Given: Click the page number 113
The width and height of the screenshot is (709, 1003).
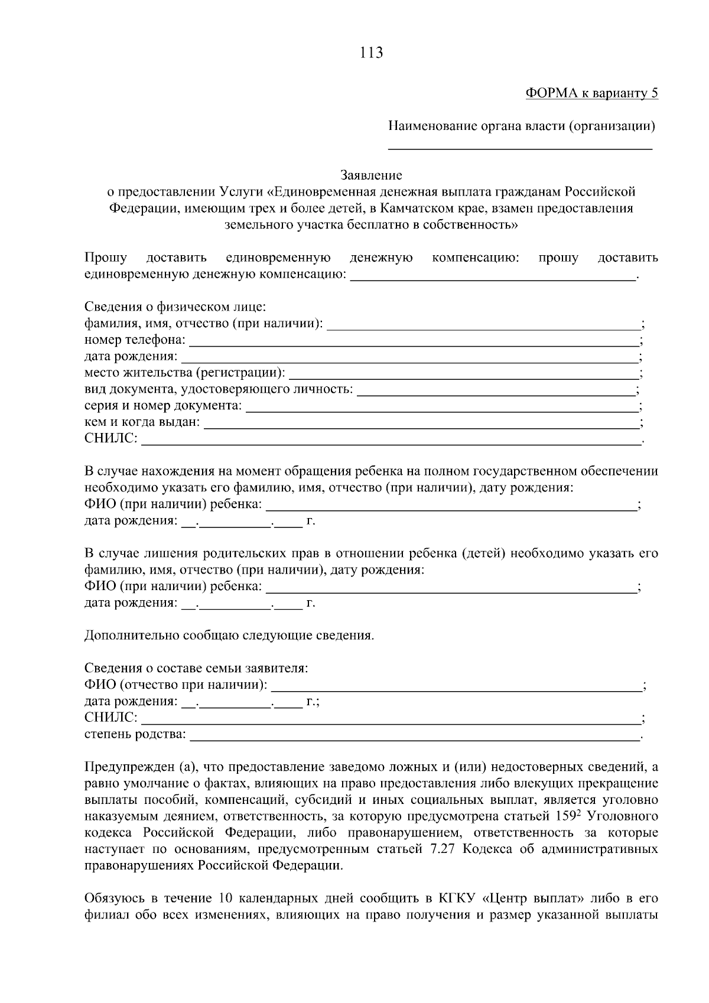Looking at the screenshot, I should (371, 53).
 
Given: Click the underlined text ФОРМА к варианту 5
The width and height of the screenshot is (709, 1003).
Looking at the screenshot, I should (591, 93).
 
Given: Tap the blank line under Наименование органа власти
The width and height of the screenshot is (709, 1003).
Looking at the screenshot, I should (520, 145).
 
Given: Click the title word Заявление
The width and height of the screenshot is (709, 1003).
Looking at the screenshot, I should (371, 175).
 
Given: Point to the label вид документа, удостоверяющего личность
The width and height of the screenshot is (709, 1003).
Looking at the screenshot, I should (219, 389).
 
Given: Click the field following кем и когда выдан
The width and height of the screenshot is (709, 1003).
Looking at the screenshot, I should (421, 422).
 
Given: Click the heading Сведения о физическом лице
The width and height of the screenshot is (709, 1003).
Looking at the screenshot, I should (175, 307).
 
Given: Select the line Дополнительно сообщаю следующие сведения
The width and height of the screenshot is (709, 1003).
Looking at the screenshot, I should (229, 636).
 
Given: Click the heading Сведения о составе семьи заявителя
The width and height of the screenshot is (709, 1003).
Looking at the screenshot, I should (196, 669).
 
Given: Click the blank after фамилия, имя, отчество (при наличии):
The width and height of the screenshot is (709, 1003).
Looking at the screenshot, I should (483, 324).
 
